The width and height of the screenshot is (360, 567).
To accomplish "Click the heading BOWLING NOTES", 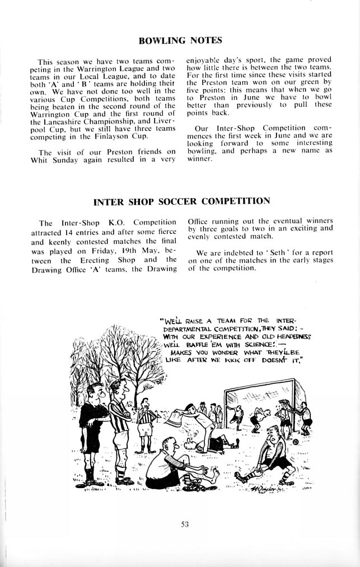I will (180, 40).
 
